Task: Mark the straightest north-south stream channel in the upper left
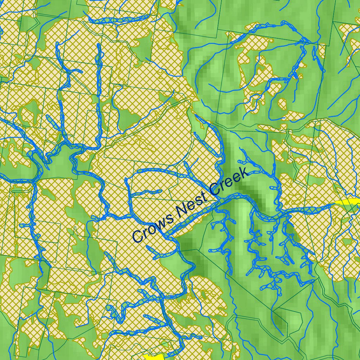[99, 70]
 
